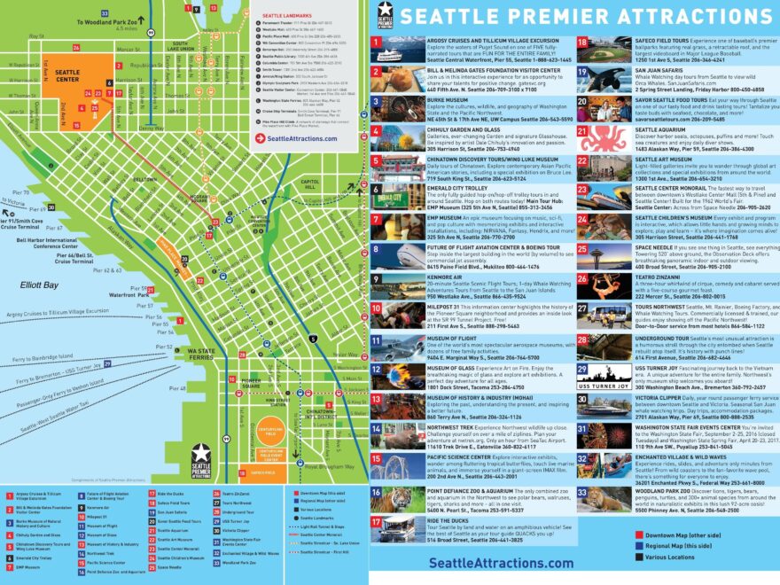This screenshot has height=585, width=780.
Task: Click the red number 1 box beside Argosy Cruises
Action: point(377,42)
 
